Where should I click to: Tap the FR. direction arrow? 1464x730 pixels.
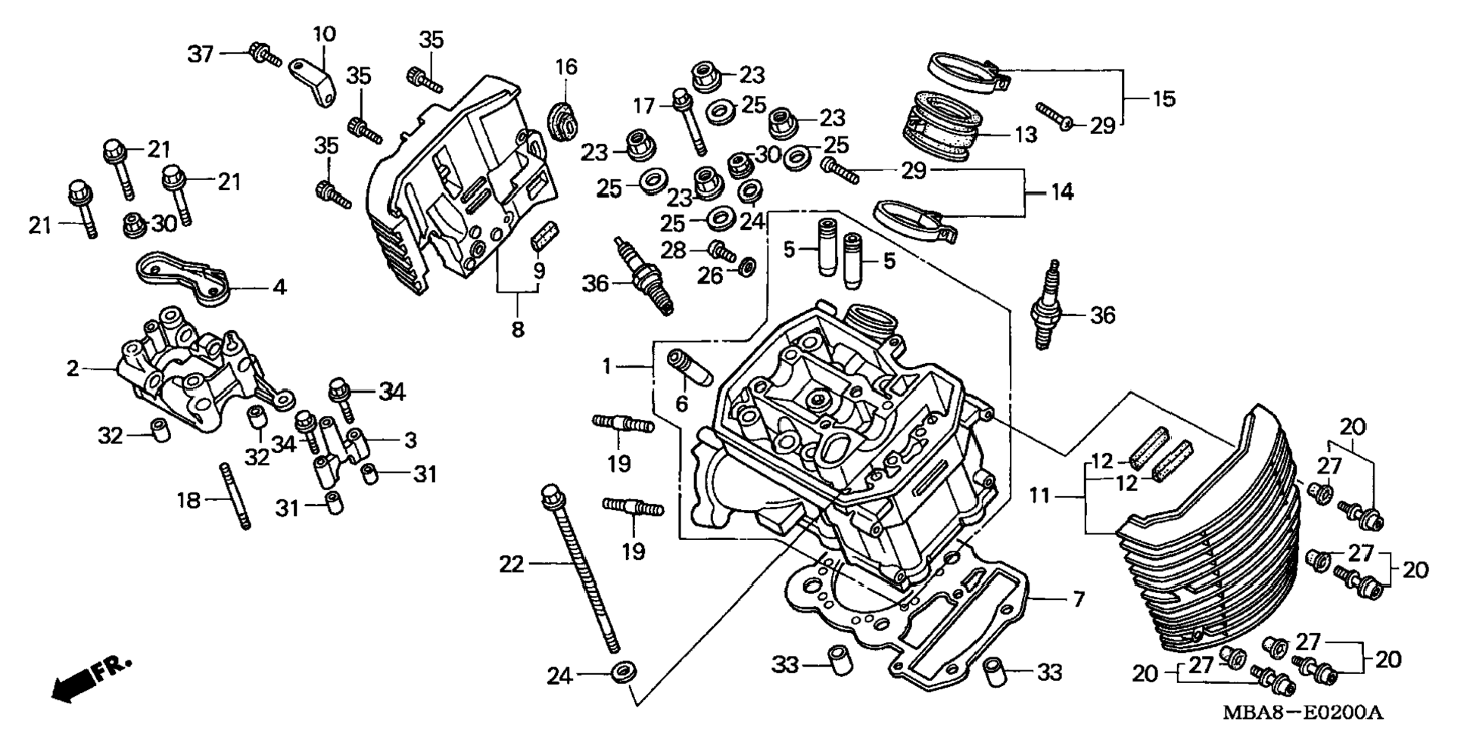click(x=91, y=679)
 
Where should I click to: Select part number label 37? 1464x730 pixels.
click(x=201, y=54)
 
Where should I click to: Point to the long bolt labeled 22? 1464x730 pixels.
click(x=580, y=567)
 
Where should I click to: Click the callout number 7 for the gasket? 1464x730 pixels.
click(x=1078, y=600)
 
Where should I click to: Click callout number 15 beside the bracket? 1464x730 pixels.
click(x=1163, y=98)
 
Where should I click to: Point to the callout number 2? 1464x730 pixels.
click(x=73, y=368)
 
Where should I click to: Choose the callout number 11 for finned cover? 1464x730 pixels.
click(x=1040, y=496)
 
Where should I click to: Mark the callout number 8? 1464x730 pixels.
click(x=518, y=330)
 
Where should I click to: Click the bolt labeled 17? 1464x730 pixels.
click(x=689, y=121)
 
